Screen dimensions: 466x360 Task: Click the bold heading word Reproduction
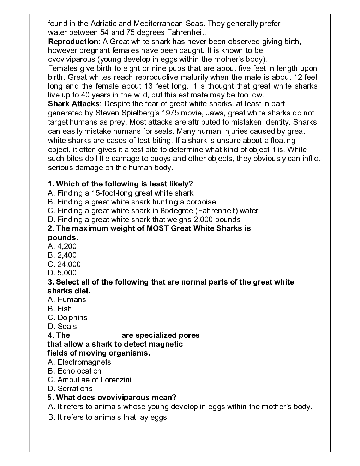[x=73, y=42]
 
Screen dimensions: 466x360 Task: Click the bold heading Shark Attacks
[x=74, y=104]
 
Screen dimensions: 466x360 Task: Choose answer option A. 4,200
[x=62, y=246]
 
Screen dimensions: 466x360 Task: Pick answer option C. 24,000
[x=64, y=264]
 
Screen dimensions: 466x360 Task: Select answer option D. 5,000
[x=62, y=273]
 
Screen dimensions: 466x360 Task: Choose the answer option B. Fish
[x=60, y=309]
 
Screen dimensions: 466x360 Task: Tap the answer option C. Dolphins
[x=67, y=318]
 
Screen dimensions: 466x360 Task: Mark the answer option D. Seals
[x=62, y=327]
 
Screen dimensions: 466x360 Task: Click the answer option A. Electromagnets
[x=79, y=362]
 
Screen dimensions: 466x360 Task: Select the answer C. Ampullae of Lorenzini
[x=89, y=380]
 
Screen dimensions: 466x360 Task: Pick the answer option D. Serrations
[x=70, y=389]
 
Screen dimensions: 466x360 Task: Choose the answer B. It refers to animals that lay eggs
[x=107, y=417]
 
